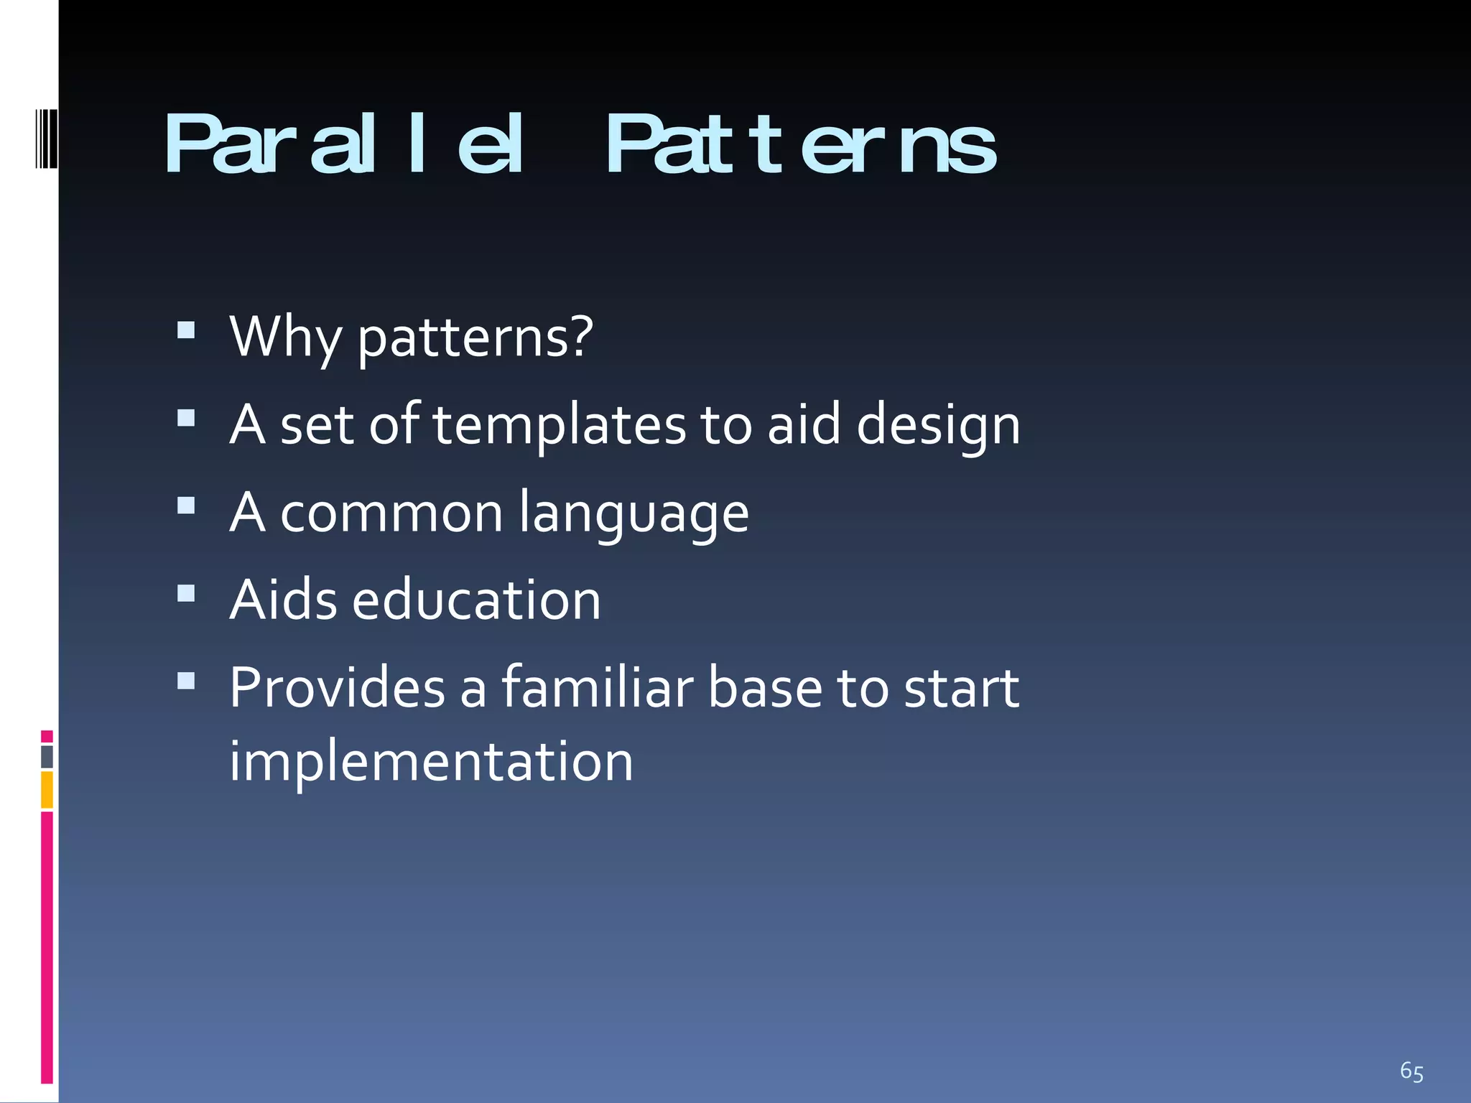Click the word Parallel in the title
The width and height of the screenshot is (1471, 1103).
click(343, 145)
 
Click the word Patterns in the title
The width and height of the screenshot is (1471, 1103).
click(800, 145)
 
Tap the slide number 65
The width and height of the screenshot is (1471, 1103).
click(1411, 1071)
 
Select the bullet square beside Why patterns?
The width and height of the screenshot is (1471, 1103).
click(186, 330)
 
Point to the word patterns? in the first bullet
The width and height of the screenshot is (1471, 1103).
click(475, 338)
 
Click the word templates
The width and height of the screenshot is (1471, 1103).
click(560, 425)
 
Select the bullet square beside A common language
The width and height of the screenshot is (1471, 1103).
click(186, 506)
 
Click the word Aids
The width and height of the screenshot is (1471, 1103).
click(283, 600)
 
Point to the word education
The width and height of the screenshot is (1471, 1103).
click(476, 600)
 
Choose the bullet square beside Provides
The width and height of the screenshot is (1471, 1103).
click(186, 681)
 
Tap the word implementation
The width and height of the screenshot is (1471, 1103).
click(431, 762)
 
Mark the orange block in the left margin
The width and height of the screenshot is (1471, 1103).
click(47, 789)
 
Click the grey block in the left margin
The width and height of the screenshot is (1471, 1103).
click(47, 756)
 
